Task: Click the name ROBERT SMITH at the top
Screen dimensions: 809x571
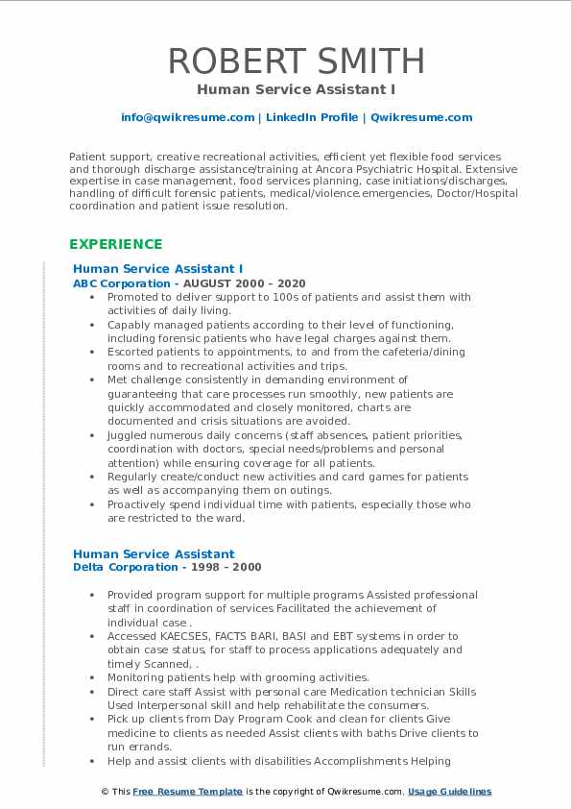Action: (x=296, y=61)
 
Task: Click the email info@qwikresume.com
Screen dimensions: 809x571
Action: (x=187, y=117)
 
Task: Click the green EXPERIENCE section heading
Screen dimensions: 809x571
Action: (x=115, y=244)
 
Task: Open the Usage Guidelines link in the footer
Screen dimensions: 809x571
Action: (x=449, y=792)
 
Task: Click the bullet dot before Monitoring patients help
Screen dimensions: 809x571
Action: (x=91, y=677)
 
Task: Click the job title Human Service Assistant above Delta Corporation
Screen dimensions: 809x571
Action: (x=154, y=553)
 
